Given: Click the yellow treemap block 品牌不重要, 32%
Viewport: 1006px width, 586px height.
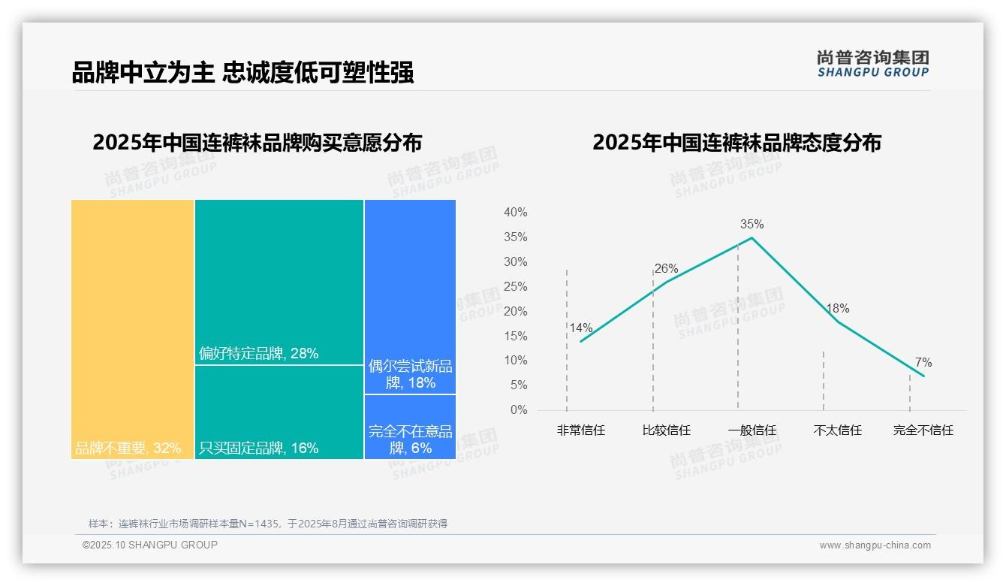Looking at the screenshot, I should point(133,329).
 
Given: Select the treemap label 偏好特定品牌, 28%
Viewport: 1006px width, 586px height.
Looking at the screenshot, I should point(258,353).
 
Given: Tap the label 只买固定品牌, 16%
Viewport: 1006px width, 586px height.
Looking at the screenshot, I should point(258,449).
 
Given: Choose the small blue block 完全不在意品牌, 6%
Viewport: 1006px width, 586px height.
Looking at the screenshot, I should point(410,427).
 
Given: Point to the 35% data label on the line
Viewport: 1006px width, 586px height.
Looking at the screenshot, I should point(751,225).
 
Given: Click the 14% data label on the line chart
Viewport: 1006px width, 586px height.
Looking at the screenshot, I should point(580,328).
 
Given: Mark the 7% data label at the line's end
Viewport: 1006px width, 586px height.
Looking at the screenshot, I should point(923,363).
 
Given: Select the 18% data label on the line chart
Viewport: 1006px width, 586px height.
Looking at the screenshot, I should point(837,309).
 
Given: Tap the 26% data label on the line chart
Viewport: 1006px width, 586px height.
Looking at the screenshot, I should point(666,269).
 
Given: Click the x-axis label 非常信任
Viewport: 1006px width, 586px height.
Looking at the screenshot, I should point(580,431).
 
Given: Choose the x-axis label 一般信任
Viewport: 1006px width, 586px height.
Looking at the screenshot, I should point(751,431).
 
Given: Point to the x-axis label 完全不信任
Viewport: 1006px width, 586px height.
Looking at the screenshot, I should point(923,431).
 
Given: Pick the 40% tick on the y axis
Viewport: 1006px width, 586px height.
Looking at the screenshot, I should point(515,213).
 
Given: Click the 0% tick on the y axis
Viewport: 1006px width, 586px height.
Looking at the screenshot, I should point(518,410).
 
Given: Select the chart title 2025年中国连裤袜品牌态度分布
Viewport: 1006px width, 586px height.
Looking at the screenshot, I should point(736,143).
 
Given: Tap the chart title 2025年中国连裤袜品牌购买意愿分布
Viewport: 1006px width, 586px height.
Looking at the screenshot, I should point(257,143).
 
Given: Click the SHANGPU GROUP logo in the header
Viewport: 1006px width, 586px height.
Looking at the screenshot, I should point(872,64).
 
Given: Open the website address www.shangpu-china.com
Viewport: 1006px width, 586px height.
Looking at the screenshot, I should point(875,545).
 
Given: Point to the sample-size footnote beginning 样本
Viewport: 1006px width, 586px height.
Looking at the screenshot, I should point(267,524).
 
